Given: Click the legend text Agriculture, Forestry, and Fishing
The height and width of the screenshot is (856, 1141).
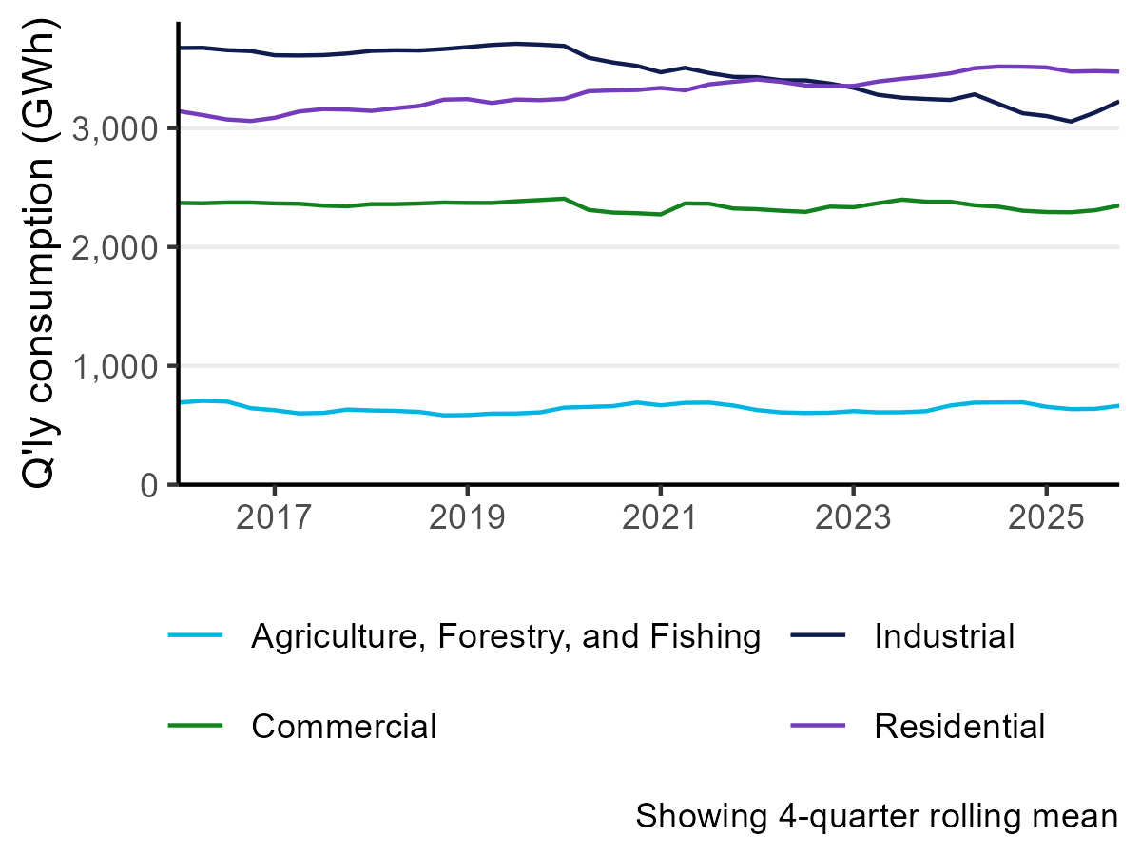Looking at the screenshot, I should [506, 636].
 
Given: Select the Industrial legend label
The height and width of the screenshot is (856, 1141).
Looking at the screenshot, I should [944, 636].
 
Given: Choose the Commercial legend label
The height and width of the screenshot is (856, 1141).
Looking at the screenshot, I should [343, 727].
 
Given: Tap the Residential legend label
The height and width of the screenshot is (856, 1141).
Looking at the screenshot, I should [959, 727].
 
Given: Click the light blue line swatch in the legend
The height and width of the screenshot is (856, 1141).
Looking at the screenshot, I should [195, 636].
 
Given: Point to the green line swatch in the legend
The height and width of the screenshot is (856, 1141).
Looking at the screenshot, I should [195, 727].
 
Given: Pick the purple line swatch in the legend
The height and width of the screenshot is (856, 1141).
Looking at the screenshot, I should [819, 727].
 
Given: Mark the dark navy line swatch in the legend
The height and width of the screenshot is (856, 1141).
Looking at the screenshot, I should [819, 636].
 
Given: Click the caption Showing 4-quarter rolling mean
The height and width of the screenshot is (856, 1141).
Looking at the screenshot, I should [876, 816].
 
